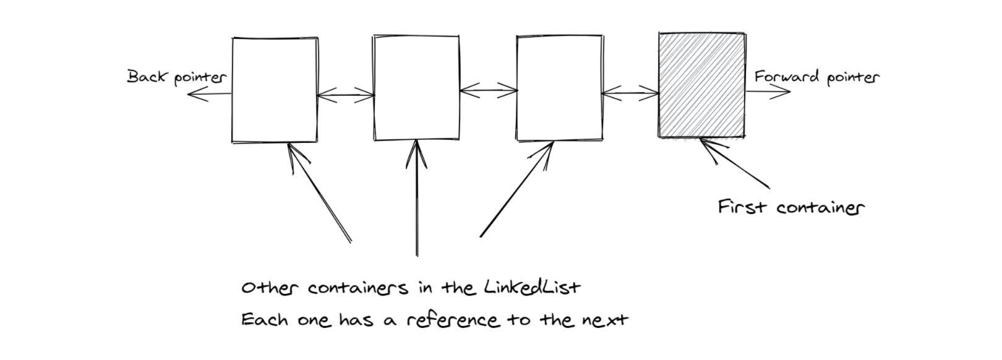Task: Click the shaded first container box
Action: tap(702, 85)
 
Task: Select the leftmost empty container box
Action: tap(275, 90)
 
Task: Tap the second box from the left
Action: tap(416, 88)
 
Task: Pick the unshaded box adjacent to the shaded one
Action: tap(559, 88)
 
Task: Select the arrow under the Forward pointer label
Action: tap(768, 92)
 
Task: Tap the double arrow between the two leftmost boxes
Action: tap(346, 95)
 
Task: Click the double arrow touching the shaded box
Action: tap(630, 94)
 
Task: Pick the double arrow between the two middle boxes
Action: tap(489, 92)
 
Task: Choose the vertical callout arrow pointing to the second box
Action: tap(416, 198)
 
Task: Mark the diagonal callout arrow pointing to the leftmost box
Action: tap(319, 192)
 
